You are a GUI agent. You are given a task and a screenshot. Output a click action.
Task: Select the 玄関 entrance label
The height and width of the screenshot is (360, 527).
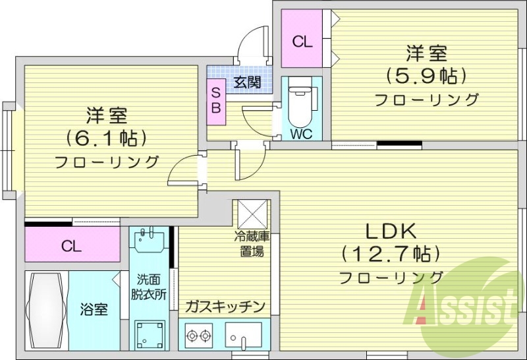tap(246, 82)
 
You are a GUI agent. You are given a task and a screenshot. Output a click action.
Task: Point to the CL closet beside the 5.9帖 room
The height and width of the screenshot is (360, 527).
tap(302, 42)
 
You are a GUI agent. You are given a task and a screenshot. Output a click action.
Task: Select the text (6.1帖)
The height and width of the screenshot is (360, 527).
tap(105, 138)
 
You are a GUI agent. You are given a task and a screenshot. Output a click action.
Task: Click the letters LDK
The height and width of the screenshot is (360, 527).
tap(390, 231)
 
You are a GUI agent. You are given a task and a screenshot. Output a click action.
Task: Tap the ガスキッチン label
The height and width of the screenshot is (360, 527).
tap(225, 307)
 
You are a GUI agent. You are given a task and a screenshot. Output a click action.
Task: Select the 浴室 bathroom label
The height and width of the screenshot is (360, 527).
tap(94, 308)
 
